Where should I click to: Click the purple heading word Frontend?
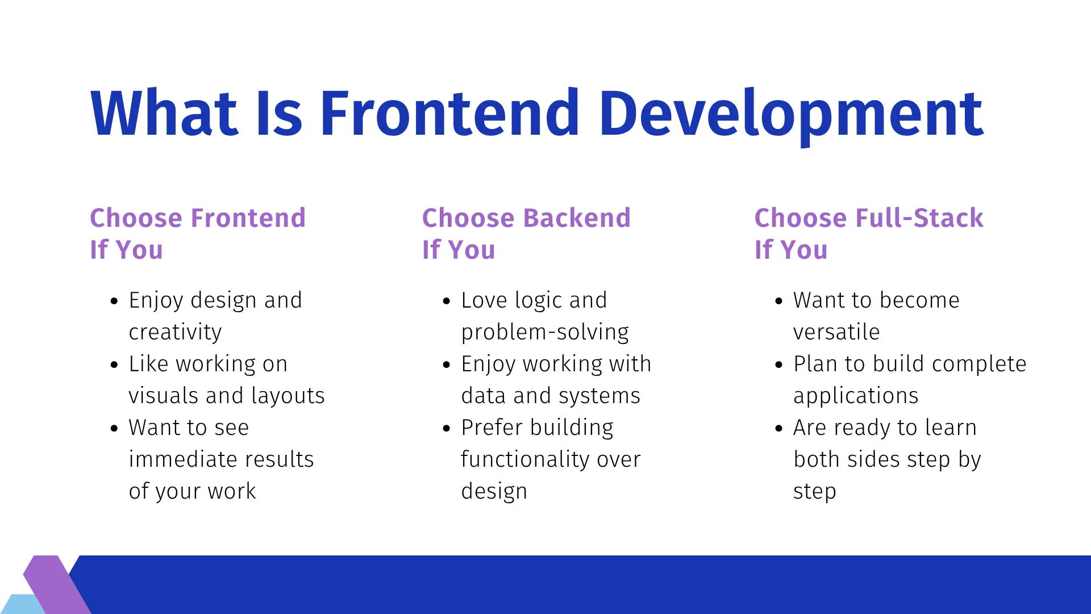tap(248, 218)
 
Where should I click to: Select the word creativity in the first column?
tap(175, 332)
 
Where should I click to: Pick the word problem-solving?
tap(544, 332)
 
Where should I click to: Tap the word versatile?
tap(836, 332)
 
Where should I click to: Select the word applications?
tap(855, 396)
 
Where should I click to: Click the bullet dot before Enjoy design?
tap(114, 301)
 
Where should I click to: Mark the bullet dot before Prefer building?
tap(446, 429)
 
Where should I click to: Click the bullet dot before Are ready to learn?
tap(778, 429)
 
